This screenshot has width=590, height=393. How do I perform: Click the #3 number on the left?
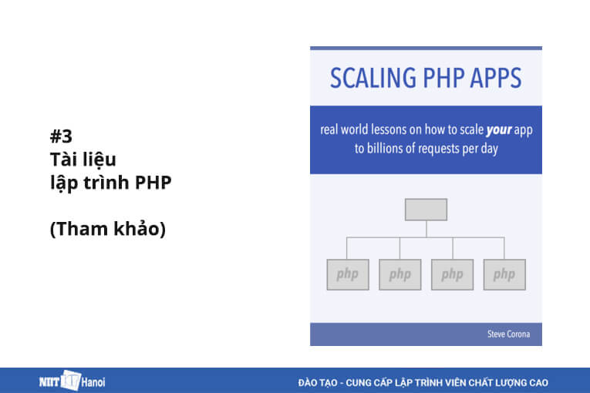pyautogui.click(x=61, y=137)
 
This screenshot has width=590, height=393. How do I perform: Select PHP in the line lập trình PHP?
pyautogui.click(x=154, y=184)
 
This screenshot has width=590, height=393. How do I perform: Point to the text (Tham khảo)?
pyautogui.click(x=108, y=230)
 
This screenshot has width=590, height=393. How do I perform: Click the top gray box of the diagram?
pyautogui.click(x=426, y=209)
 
